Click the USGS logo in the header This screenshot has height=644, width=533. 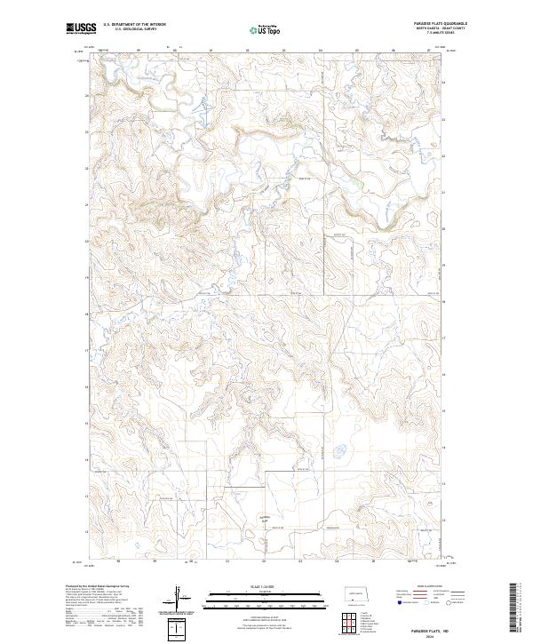tap(80, 28)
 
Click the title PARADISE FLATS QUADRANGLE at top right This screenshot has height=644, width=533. tap(434, 24)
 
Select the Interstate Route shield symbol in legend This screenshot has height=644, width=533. tap(399, 601)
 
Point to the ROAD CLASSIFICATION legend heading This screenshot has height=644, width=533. tap(430, 587)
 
